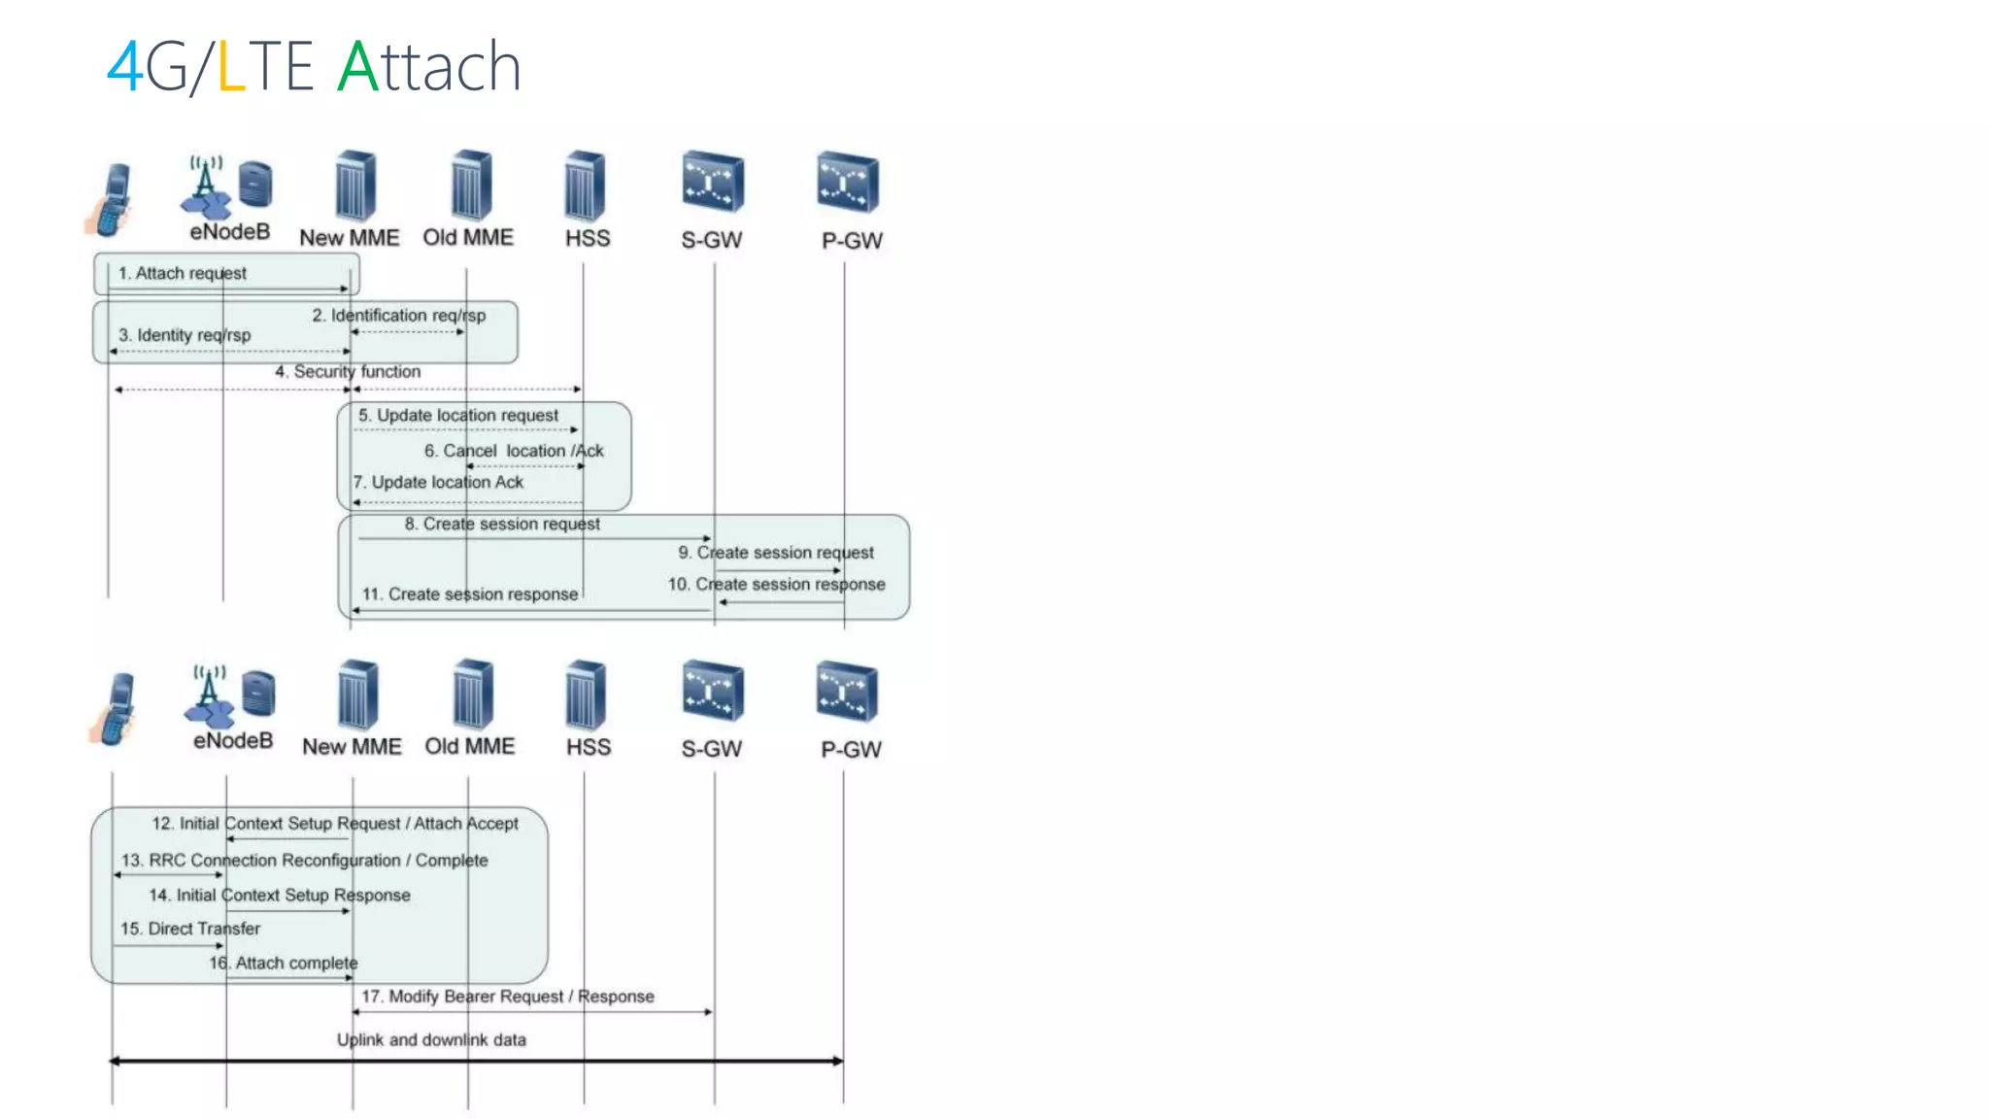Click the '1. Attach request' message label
182,273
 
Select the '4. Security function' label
348,371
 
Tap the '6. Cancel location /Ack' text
514,451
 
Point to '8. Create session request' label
502,524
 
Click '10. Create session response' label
776,584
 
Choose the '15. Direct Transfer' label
190,929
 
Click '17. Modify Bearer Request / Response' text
508,997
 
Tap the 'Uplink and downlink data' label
431,1039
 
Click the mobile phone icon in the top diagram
111,200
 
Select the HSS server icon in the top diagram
586,185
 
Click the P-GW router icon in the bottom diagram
847,692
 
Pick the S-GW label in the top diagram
711,240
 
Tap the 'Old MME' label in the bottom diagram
470,746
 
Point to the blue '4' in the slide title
124,67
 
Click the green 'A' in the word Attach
357,67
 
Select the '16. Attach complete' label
284,963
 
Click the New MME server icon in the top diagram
355,186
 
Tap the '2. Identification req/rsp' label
398,316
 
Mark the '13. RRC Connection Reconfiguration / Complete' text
304,861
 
